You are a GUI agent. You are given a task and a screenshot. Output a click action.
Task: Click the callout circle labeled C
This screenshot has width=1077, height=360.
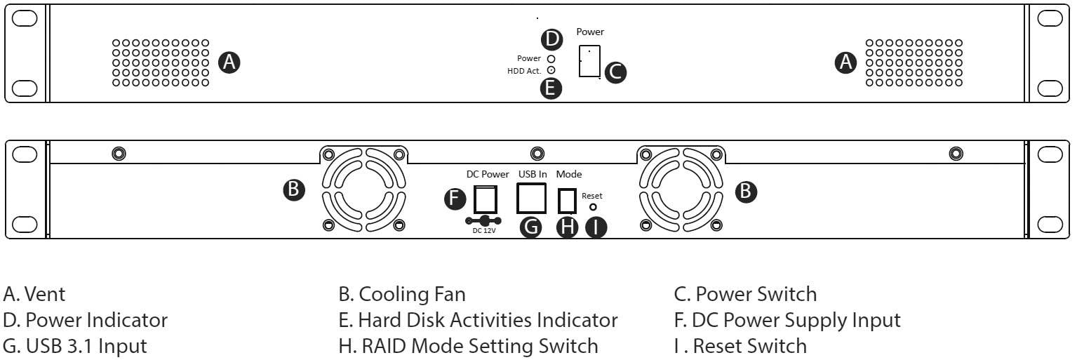pyautogui.click(x=615, y=72)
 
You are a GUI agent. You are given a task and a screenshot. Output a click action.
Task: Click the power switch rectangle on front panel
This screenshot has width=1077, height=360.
pyautogui.click(x=589, y=62)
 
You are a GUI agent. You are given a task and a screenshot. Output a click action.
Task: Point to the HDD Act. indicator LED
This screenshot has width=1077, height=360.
pyautogui.click(x=551, y=70)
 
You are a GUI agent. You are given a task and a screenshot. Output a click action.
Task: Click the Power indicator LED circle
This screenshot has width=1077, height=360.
pyautogui.click(x=551, y=59)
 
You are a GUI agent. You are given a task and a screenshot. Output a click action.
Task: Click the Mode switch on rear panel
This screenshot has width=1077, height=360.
pyautogui.click(x=567, y=201)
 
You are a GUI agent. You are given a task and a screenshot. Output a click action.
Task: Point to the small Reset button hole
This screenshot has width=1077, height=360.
pyautogui.click(x=593, y=208)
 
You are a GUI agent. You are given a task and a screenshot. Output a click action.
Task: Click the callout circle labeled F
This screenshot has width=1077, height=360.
pyautogui.click(x=456, y=199)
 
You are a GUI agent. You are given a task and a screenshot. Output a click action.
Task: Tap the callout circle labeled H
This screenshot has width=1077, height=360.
pyautogui.click(x=567, y=228)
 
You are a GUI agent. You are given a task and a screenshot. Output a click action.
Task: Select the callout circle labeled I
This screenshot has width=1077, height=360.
pyautogui.click(x=596, y=228)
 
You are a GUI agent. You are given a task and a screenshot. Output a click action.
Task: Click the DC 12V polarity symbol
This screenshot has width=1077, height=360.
pyautogui.click(x=483, y=220)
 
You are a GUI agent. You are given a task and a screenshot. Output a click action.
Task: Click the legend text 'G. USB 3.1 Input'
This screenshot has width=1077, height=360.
pyautogui.click(x=75, y=346)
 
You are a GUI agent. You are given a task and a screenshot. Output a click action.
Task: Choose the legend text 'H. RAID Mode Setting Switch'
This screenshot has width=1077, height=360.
pyautogui.click(x=468, y=346)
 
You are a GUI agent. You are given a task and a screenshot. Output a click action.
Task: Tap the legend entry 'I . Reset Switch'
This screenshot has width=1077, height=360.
pyautogui.click(x=740, y=346)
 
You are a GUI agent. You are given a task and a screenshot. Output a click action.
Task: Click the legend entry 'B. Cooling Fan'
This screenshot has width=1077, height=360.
pyautogui.click(x=402, y=294)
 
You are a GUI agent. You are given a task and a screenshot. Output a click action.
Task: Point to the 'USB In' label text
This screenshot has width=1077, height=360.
pyautogui.click(x=533, y=174)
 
